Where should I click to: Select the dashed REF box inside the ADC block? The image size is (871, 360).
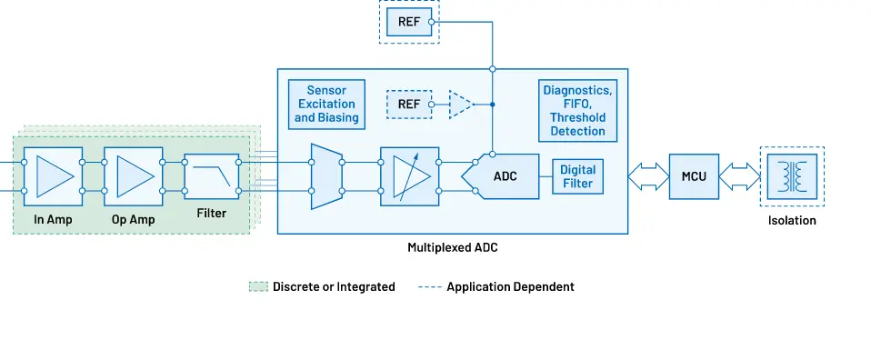[408, 105]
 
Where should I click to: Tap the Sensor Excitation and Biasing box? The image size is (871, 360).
[326, 105]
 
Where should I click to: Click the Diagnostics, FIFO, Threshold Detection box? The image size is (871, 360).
[577, 111]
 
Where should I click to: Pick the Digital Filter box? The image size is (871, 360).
[576, 176]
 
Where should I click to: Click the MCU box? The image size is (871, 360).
[694, 176]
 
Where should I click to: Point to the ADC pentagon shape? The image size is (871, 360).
[502, 176]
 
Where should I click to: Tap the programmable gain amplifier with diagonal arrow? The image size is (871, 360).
[409, 176]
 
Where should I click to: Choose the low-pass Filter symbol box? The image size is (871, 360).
[211, 176]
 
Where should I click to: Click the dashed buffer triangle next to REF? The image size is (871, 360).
[462, 105]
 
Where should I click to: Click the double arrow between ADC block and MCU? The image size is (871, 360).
[648, 176]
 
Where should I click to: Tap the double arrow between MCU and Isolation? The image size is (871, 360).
[740, 176]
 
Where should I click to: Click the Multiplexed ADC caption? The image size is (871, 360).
[452, 247]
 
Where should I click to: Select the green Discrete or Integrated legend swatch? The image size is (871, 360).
[258, 286]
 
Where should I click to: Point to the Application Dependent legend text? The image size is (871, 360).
[510, 286]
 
